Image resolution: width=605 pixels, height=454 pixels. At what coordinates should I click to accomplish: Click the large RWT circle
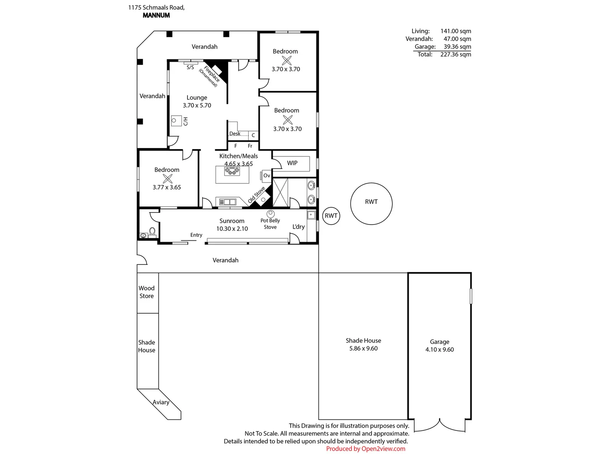(x=371, y=203)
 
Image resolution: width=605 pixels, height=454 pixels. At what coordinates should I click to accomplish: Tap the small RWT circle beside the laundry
(x=331, y=216)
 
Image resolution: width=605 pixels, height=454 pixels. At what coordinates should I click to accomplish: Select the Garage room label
(x=439, y=342)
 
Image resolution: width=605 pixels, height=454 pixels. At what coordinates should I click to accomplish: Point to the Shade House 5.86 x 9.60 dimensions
(x=363, y=348)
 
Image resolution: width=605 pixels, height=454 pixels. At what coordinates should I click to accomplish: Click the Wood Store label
(x=147, y=292)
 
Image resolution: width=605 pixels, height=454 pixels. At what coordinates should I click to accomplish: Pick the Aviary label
(x=161, y=402)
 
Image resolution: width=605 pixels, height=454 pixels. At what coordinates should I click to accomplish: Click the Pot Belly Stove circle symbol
(x=270, y=214)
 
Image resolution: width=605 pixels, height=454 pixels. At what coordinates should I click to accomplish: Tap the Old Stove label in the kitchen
(x=256, y=195)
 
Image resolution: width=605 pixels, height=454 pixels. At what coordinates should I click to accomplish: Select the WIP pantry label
(x=292, y=163)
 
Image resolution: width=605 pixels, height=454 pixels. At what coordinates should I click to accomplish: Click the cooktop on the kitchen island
(x=232, y=171)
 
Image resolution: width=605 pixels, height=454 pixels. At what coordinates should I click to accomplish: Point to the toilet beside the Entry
(x=153, y=232)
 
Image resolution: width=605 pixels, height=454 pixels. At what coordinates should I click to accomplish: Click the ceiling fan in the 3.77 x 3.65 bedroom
(x=167, y=179)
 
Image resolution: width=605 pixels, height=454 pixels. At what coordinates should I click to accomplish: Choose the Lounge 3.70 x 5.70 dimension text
(x=197, y=106)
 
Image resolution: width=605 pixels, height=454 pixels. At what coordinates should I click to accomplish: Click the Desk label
(x=234, y=134)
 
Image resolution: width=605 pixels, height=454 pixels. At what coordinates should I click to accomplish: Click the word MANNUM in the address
(x=156, y=15)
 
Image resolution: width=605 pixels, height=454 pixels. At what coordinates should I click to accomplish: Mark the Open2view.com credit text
(x=383, y=449)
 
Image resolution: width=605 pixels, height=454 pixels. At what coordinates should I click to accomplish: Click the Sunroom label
(x=231, y=221)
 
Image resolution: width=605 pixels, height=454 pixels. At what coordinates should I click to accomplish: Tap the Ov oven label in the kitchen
(x=266, y=176)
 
